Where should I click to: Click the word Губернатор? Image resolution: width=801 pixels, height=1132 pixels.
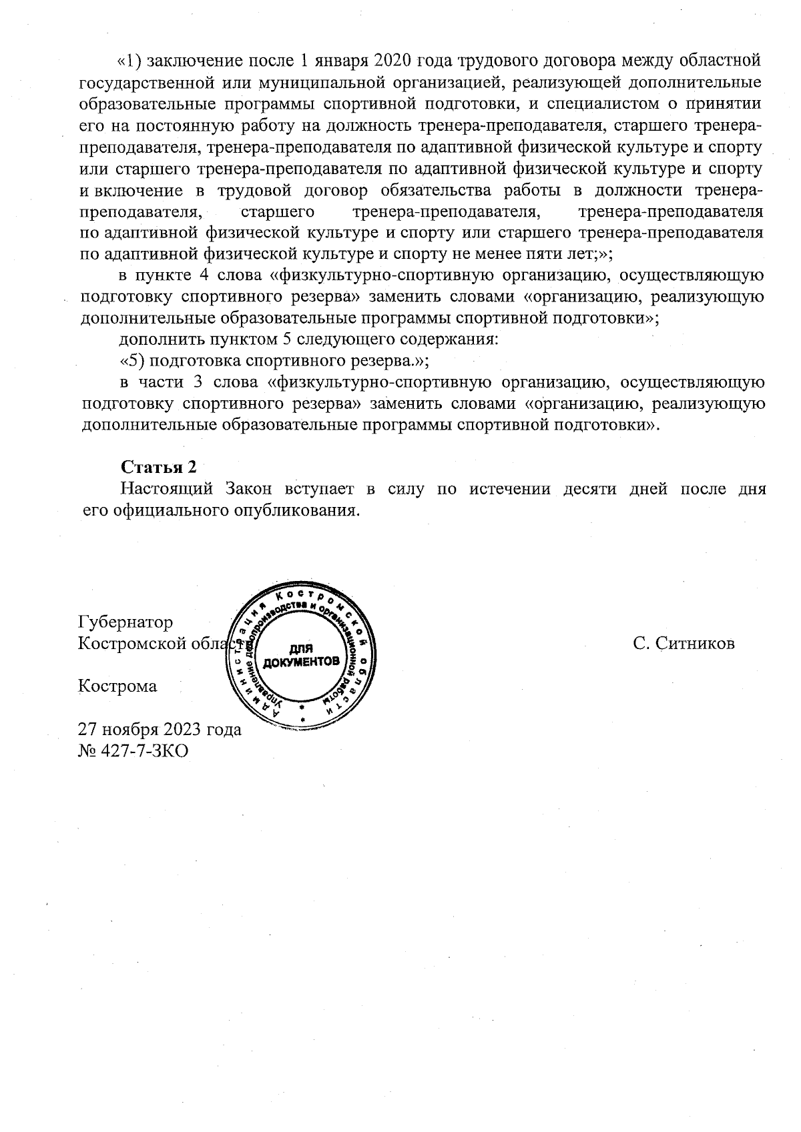(125, 622)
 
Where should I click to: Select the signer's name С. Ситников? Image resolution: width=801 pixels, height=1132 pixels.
(684, 644)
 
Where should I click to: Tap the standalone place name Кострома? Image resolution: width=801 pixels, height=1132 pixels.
(117, 686)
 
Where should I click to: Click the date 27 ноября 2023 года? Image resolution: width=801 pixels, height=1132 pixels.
(160, 729)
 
